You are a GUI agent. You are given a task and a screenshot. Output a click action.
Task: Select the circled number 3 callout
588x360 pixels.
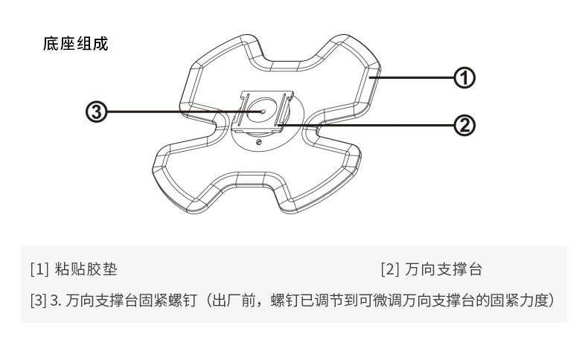tap(98, 112)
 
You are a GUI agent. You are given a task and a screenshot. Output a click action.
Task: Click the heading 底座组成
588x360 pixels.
tap(75, 44)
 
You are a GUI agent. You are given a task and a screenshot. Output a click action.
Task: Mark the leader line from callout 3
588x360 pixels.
tap(179, 112)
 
